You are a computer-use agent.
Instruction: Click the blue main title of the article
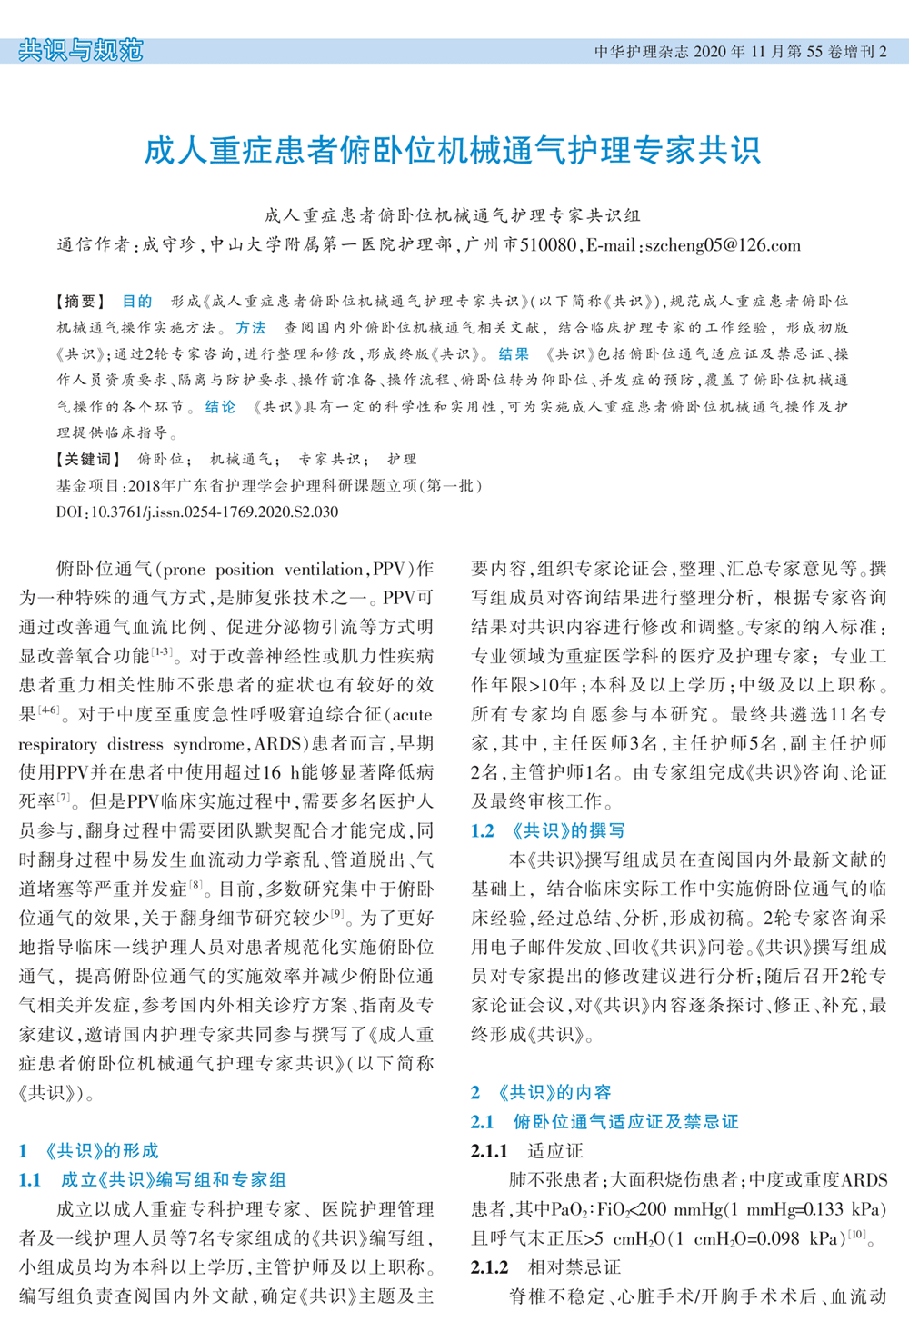pos(452,151)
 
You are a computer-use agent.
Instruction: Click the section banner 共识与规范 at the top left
pos(81,50)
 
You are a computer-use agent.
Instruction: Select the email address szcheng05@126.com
pos(723,245)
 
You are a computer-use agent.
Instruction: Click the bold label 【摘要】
pos(81,302)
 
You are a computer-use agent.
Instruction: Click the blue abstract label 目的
pos(137,302)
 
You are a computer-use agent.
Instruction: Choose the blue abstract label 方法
pos(250,328)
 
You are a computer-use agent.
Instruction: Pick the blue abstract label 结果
pos(514,354)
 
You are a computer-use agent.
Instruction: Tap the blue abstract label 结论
pos(220,407)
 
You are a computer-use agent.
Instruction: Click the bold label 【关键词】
pos(86,460)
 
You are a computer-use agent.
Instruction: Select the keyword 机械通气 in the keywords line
pos(241,460)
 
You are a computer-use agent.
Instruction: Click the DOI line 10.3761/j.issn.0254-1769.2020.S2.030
pos(197,512)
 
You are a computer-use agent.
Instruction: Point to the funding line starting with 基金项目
pos(269,486)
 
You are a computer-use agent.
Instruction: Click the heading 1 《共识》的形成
pos(88,1151)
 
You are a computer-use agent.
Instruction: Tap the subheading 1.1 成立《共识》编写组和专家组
pos(152,1180)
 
